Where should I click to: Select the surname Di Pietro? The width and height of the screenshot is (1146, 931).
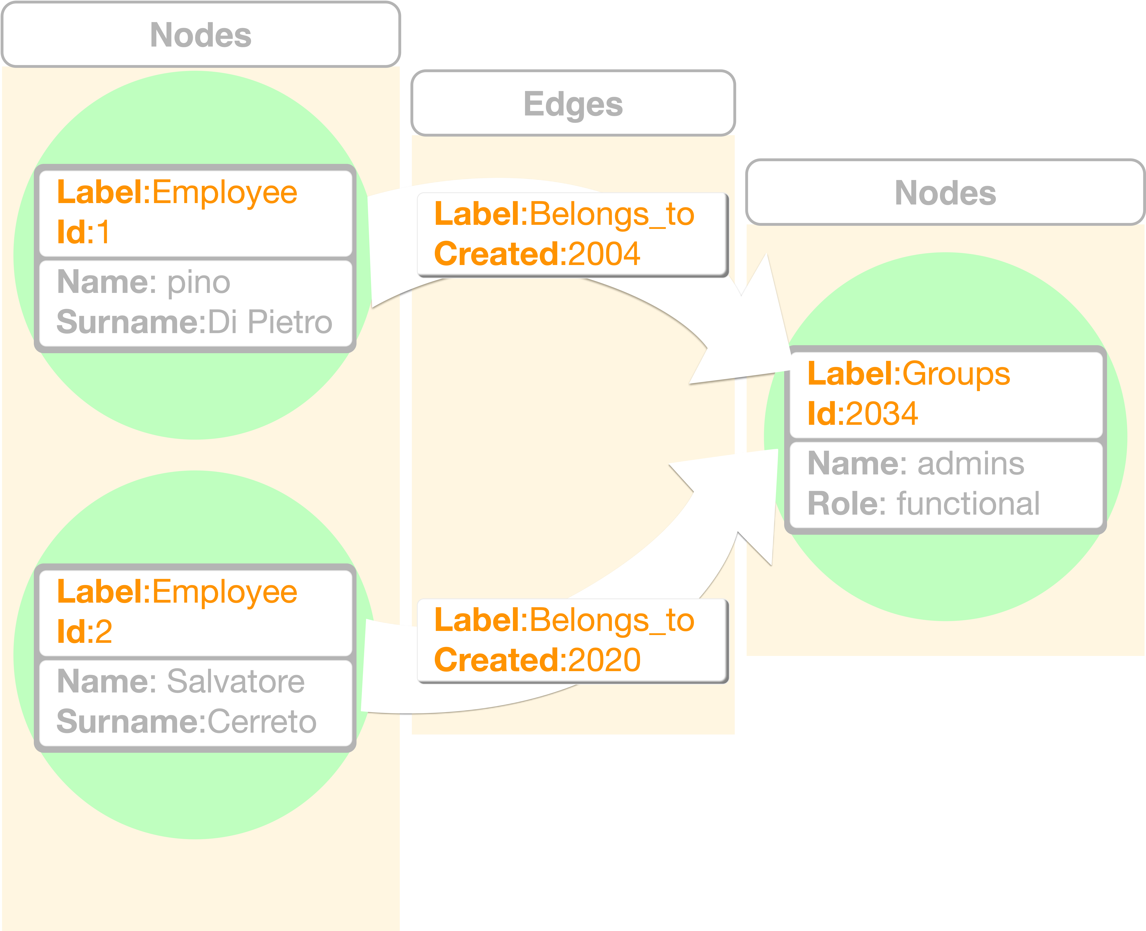pos(270,322)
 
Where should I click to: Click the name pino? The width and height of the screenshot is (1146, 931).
pos(198,283)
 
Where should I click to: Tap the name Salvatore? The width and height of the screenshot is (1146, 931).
pos(236,682)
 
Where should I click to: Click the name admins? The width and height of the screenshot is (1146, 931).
pos(970,464)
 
